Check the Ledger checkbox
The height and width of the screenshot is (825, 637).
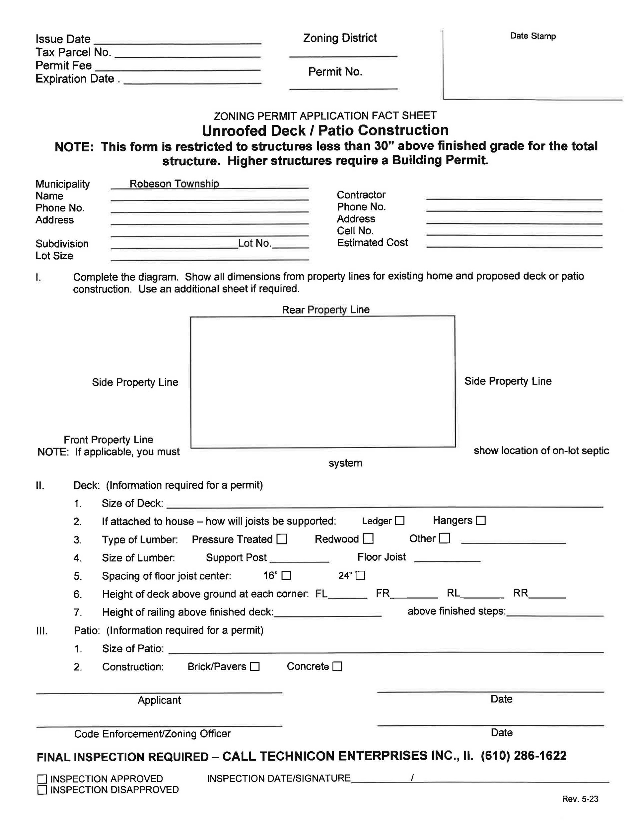[399, 521]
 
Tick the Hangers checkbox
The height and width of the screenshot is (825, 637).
[481, 521]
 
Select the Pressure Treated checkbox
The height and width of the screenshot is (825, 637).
[282, 539]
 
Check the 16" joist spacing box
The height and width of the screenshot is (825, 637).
[287, 576]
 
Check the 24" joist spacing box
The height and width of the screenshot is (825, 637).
[361, 575]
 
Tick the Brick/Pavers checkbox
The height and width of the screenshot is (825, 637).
[255, 667]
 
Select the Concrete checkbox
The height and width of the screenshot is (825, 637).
[337, 666]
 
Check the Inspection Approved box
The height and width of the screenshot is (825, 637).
[42, 779]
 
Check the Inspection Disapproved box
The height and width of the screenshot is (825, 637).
[42, 790]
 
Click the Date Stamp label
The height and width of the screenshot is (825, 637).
[532, 36]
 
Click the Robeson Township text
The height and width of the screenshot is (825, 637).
[174, 184]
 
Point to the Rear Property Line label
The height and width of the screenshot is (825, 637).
[325, 310]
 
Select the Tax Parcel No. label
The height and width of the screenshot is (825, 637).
[73, 52]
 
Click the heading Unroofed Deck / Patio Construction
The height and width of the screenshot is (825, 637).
[325, 130]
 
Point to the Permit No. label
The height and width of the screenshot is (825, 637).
[335, 72]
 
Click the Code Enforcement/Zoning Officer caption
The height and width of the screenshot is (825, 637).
[152, 734]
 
